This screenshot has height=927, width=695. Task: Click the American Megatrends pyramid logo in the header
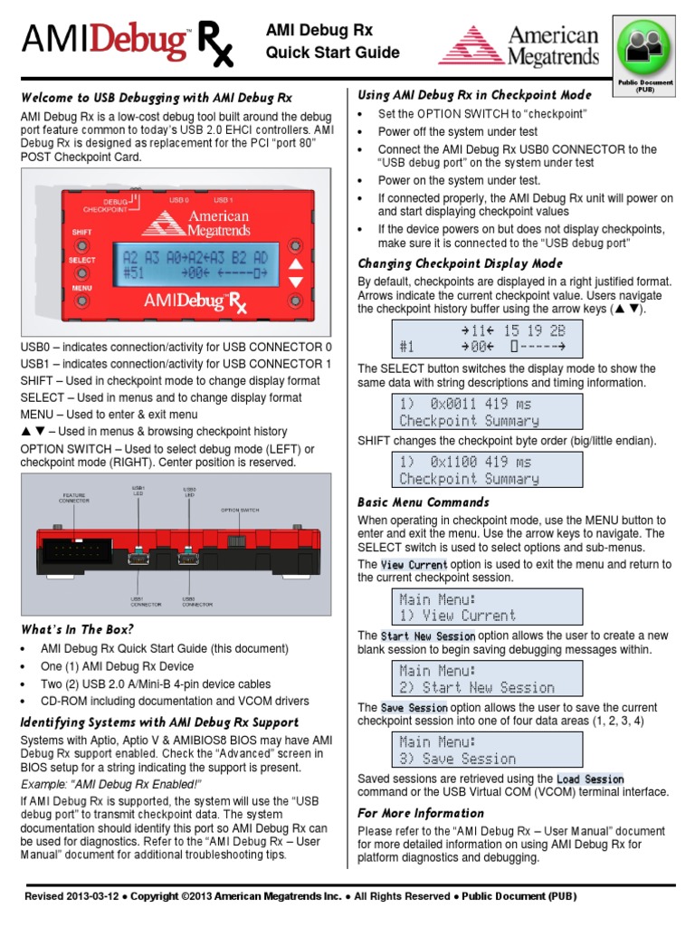[x=471, y=45]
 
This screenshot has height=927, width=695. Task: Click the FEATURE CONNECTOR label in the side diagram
[x=74, y=498]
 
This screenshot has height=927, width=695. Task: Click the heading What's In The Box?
[x=77, y=629]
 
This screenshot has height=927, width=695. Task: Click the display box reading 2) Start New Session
[x=478, y=679]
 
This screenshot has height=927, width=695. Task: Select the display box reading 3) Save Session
[x=478, y=750]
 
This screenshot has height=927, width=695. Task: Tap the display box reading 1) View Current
[x=478, y=607]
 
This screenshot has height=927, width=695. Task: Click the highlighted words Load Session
[x=590, y=779]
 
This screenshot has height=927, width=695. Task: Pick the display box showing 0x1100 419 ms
[x=478, y=470]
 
